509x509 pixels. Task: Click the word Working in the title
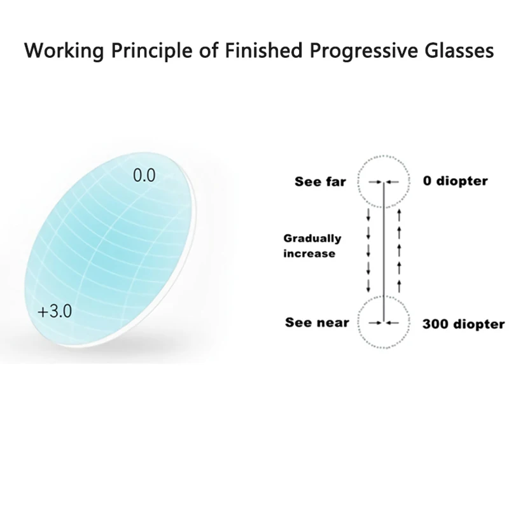pyautogui.click(x=64, y=52)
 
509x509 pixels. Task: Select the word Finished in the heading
pyautogui.click(x=263, y=50)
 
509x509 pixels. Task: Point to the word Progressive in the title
pyautogui.click(x=363, y=52)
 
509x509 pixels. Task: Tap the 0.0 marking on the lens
pyautogui.click(x=144, y=176)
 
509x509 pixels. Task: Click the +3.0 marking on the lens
pyautogui.click(x=55, y=311)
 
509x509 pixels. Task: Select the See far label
pyautogui.click(x=320, y=181)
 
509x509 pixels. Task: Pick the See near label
pyautogui.click(x=317, y=323)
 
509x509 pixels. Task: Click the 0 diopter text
pyautogui.click(x=455, y=181)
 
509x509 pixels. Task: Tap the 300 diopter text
pyautogui.click(x=464, y=324)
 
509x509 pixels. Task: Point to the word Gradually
pyautogui.click(x=312, y=239)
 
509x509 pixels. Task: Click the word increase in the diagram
pyautogui.click(x=309, y=253)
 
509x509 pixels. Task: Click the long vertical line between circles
pyautogui.click(x=384, y=252)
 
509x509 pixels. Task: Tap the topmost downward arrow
pyautogui.click(x=368, y=215)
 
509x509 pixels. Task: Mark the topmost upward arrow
pyautogui.click(x=400, y=215)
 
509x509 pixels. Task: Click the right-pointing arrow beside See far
pyautogui.click(x=375, y=182)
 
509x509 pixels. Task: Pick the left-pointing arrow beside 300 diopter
pyautogui.click(x=392, y=323)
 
